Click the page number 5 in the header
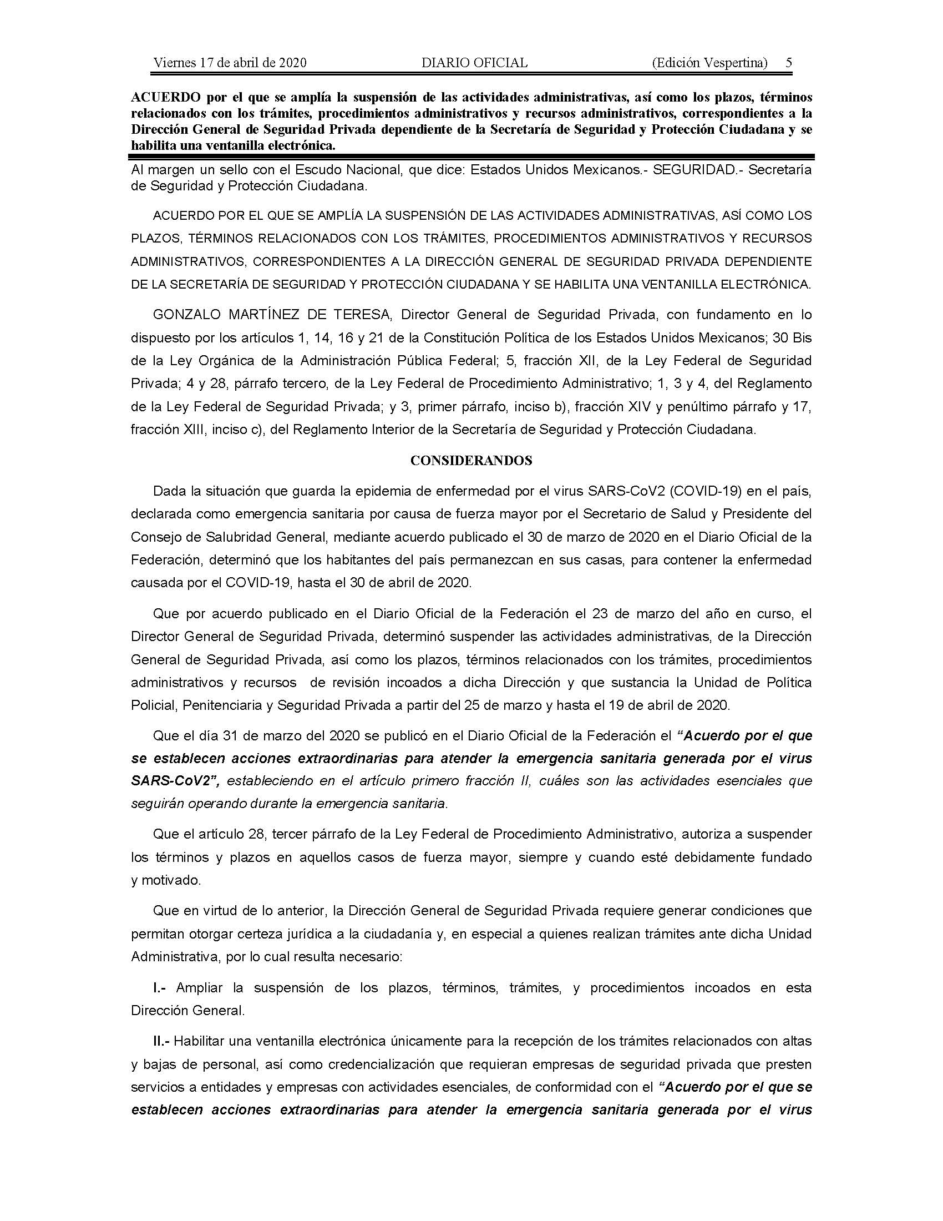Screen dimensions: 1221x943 coord(788,63)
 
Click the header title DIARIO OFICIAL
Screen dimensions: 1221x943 coord(474,63)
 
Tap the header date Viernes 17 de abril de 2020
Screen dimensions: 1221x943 coord(230,63)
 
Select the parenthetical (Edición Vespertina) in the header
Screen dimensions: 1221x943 coord(709,63)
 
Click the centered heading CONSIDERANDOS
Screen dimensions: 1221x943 coord(471,460)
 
